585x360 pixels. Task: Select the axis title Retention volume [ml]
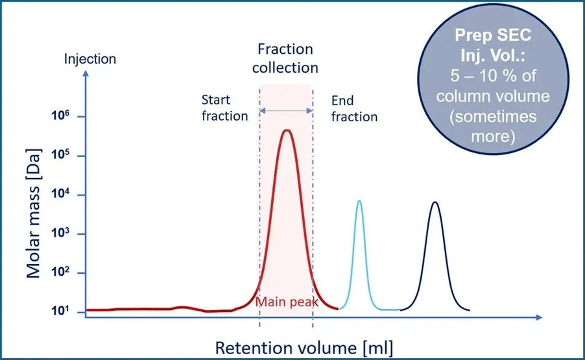[x=304, y=346]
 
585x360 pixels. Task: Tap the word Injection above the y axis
[x=90, y=59]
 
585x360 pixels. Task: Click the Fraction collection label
[x=285, y=58]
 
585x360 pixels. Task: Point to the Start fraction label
[x=224, y=108]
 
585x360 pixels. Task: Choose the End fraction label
[x=354, y=108]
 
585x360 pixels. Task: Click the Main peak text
[x=285, y=302]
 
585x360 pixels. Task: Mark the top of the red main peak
[x=286, y=130]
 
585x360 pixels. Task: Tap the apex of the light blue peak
[x=359, y=201]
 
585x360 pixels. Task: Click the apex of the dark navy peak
[x=435, y=202]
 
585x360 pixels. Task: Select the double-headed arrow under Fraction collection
[x=286, y=111]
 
